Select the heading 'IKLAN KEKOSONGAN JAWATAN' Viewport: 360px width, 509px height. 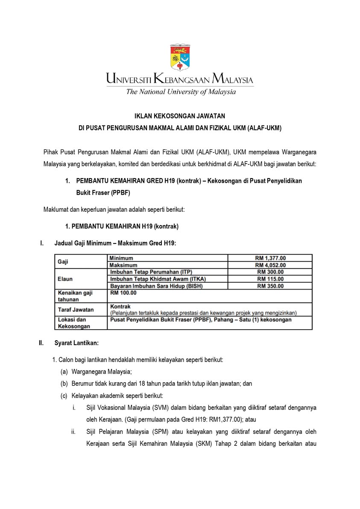[x=180, y=116]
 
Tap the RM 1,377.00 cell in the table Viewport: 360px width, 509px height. [x=270, y=258]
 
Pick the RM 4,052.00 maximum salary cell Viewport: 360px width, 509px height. [x=270, y=265]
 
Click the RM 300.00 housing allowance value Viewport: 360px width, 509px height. [x=270, y=272]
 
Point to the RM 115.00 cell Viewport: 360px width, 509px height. [x=270, y=279]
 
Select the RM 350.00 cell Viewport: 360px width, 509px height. [x=270, y=286]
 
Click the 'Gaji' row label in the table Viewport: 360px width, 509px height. [x=63, y=261]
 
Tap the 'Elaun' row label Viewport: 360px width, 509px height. [x=65, y=279]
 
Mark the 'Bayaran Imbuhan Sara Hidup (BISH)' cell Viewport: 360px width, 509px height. [x=156, y=286]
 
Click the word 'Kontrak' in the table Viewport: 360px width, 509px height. [x=120, y=306]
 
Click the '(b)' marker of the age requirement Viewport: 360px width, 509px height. [x=64, y=383]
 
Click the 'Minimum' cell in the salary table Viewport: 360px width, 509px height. [x=121, y=258]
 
